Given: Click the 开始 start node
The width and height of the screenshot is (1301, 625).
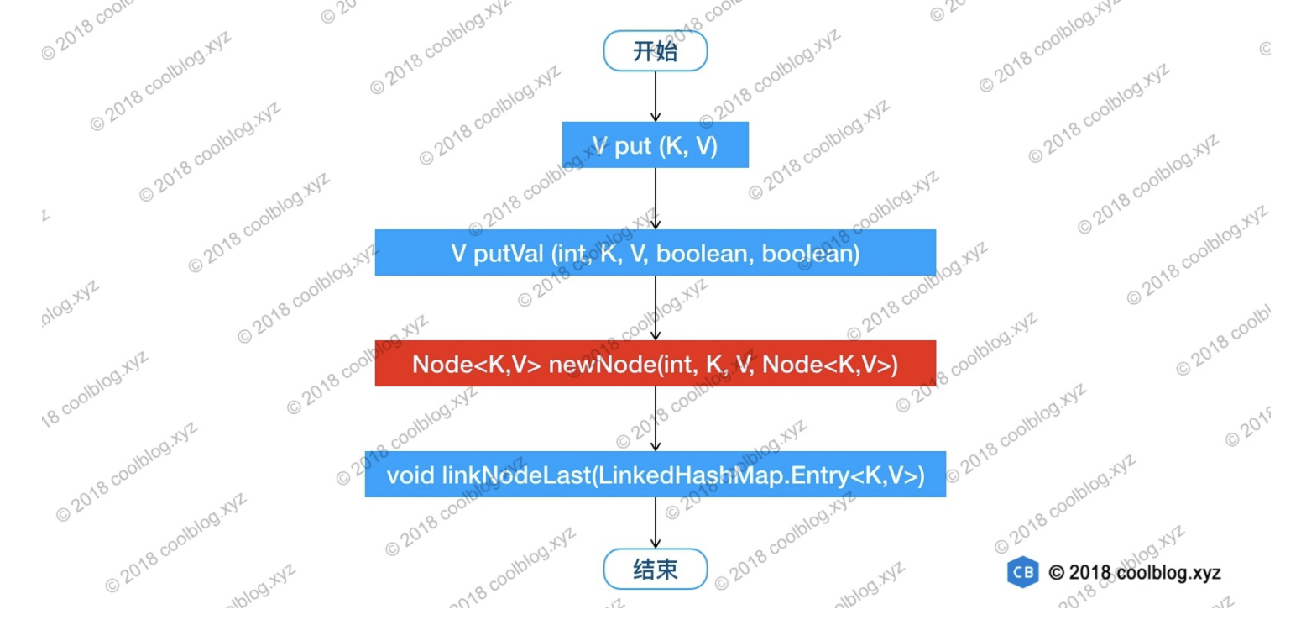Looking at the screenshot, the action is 655,53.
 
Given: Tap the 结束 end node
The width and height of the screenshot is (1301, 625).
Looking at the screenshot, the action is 655,570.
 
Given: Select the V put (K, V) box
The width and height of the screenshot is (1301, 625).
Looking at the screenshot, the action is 655,146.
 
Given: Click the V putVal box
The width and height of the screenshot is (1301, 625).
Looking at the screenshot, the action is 655,252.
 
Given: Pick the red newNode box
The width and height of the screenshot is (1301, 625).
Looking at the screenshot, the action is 655,364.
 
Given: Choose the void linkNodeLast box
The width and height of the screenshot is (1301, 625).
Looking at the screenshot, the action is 655,475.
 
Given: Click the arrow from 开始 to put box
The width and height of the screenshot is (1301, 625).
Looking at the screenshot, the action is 655,97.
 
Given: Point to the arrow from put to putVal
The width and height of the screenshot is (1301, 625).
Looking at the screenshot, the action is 655,198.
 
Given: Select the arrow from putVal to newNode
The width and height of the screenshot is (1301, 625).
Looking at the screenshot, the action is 655,307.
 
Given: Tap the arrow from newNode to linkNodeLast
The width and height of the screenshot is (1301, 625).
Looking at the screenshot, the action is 655,418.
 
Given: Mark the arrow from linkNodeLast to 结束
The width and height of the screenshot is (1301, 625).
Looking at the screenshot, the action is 655,523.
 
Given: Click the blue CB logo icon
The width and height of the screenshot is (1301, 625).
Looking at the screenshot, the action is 1022,572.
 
